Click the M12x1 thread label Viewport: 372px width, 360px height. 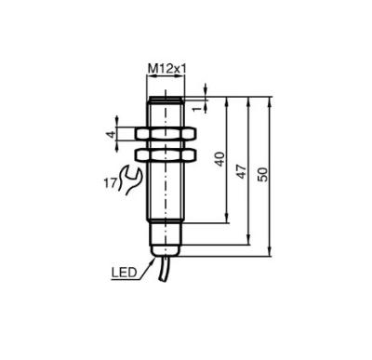(166, 69)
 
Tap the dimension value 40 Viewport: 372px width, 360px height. (219, 159)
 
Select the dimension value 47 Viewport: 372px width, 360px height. (242, 172)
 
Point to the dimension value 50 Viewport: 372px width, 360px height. (263, 174)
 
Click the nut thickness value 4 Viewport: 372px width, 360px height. (111, 135)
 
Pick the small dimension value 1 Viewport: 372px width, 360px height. (196, 109)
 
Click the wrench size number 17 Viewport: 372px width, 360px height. (110, 183)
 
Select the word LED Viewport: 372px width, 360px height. (124, 273)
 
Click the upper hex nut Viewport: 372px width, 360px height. (166, 134)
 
